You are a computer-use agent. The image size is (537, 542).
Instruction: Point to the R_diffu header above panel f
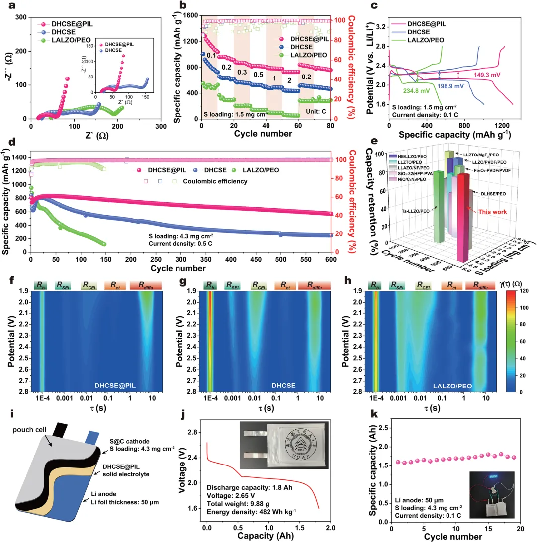click(x=146, y=285)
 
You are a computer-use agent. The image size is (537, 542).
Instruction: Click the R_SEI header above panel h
click(x=397, y=285)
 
